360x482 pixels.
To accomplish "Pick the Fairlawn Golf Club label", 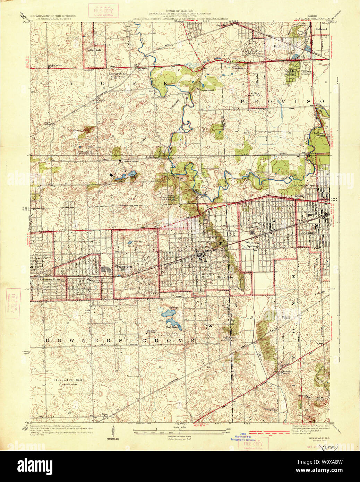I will click(257, 95).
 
